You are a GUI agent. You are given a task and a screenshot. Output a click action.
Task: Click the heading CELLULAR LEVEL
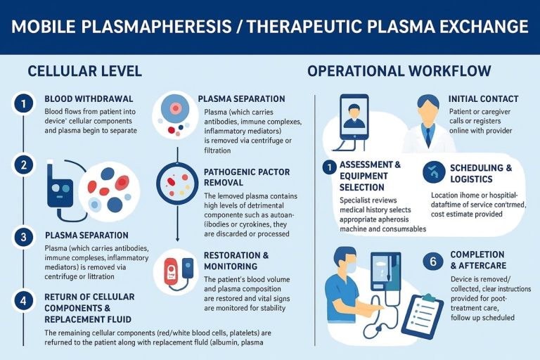pyautogui.click(x=84, y=71)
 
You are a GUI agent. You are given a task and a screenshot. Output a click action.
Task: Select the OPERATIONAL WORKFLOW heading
pyautogui.click(x=399, y=71)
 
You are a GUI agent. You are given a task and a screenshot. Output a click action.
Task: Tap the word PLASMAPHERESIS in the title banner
pyautogui.click(x=157, y=27)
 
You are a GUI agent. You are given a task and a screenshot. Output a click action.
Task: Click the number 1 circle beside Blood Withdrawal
pyautogui.click(x=23, y=104)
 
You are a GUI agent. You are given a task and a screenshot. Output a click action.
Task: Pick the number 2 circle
pyautogui.click(x=23, y=166)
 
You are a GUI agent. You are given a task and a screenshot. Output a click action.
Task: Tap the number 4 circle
pyautogui.click(x=23, y=301)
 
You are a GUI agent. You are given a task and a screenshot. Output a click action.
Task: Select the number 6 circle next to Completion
pyautogui.click(x=433, y=262)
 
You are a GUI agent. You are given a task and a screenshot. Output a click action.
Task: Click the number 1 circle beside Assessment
pyautogui.click(x=329, y=167)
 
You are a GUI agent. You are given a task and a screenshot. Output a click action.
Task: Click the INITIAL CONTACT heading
pyautogui.click(x=483, y=99)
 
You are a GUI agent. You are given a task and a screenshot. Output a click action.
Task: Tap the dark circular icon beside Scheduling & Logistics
pyautogui.click(x=433, y=173)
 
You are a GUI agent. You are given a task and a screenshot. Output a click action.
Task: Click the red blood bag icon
pyautogui.click(x=171, y=271)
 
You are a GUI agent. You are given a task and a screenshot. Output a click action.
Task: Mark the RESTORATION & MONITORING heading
pyautogui.click(x=236, y=261)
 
